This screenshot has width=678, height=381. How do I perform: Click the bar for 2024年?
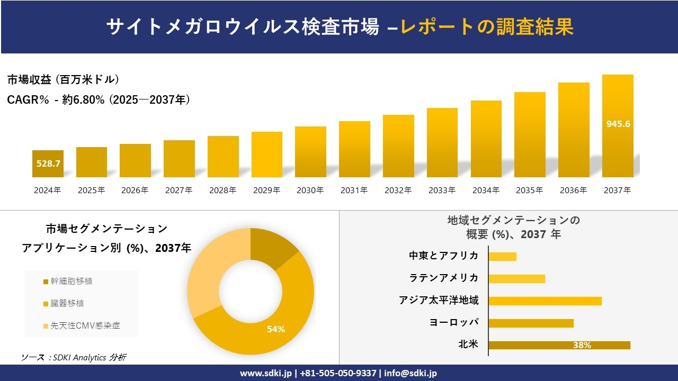click(x=48, y=164)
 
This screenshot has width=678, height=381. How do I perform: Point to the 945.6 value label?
click(x=618, y=124)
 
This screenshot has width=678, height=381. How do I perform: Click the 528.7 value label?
click(x=48, y=164)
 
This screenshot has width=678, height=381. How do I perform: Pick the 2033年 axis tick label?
click(x=442, y=190)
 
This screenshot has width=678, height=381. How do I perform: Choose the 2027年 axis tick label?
click(x=179, y=190)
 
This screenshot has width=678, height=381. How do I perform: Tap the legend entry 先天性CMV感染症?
click(x=85, y=325)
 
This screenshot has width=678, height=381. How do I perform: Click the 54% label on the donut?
click(x=276, y=329)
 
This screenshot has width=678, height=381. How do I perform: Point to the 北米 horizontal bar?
click(x=559, y=345)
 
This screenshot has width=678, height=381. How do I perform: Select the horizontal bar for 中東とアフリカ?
click(x=502, y=256)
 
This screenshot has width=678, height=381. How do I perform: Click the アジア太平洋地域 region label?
click(x=439, y=301)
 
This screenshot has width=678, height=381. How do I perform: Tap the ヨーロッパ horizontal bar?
click(x=531, y=323)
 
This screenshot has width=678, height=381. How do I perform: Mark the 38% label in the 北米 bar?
click(x=582, y=345)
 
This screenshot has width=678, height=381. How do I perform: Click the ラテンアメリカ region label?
click(x=444, y=278)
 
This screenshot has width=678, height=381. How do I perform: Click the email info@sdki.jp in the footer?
click(x=411, y=373)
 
